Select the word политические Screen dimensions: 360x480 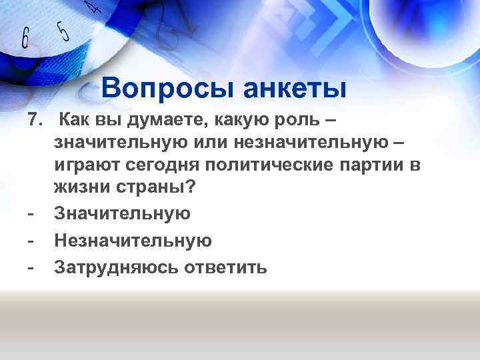(283, 165)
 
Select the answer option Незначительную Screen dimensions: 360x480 (133, 240)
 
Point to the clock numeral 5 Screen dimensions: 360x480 (63, 30)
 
